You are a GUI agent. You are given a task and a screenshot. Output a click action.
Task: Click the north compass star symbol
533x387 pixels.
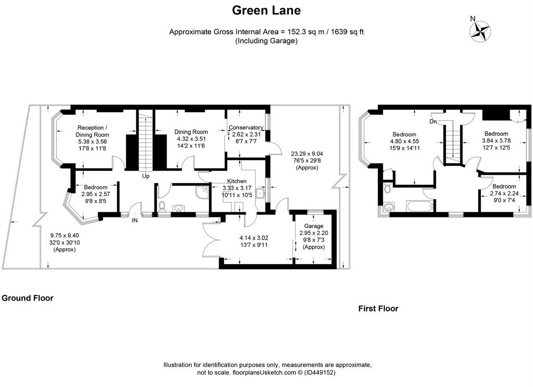point(480,31)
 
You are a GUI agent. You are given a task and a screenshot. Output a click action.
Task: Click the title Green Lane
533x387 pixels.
point(266,10)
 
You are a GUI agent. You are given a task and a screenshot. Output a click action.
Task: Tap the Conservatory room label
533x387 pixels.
point(246,127)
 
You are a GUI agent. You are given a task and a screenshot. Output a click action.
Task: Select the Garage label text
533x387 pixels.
point(313,226)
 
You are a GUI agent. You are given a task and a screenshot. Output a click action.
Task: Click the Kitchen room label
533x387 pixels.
point(237,181)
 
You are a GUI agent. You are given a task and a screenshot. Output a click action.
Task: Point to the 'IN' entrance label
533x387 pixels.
point(135,220)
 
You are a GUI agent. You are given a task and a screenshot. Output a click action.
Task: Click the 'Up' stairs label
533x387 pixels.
point(146,176)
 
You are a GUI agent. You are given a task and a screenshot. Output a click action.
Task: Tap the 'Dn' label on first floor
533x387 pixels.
point(433,122)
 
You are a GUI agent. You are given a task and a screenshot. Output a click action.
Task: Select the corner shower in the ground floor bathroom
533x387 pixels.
point(202,192)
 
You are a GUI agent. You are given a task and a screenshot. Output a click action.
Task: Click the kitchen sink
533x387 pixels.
point(260,193)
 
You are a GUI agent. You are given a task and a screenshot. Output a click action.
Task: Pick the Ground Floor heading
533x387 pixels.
point(27,298)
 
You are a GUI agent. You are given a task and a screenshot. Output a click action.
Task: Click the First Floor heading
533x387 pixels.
point(378,309)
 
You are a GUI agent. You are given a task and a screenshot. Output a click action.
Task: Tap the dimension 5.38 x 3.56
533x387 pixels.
point(92,141)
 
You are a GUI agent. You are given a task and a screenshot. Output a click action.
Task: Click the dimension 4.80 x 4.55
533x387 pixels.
point(404,141)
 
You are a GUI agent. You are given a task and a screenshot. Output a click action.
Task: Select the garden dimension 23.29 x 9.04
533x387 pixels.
point(307,154)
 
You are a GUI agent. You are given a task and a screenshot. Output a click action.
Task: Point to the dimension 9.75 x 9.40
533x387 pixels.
point(64,236)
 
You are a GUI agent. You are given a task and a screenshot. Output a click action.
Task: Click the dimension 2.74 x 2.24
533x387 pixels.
point(504,193)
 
